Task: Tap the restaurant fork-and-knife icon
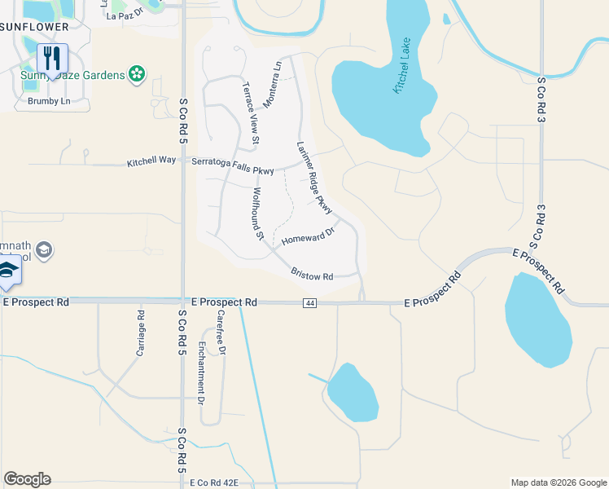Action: (52, 58)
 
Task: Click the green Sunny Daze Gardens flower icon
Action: (137, 75)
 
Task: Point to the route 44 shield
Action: (309, 303)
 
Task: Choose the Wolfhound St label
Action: (259, 214)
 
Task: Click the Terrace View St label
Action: (251, 113)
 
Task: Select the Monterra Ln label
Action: (273, 85)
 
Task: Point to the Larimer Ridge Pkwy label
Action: (315, 178)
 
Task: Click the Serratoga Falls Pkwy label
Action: (232, 161)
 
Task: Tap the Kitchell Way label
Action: (151, 161)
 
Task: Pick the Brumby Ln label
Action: (50, 102)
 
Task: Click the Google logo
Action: (27, 479)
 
